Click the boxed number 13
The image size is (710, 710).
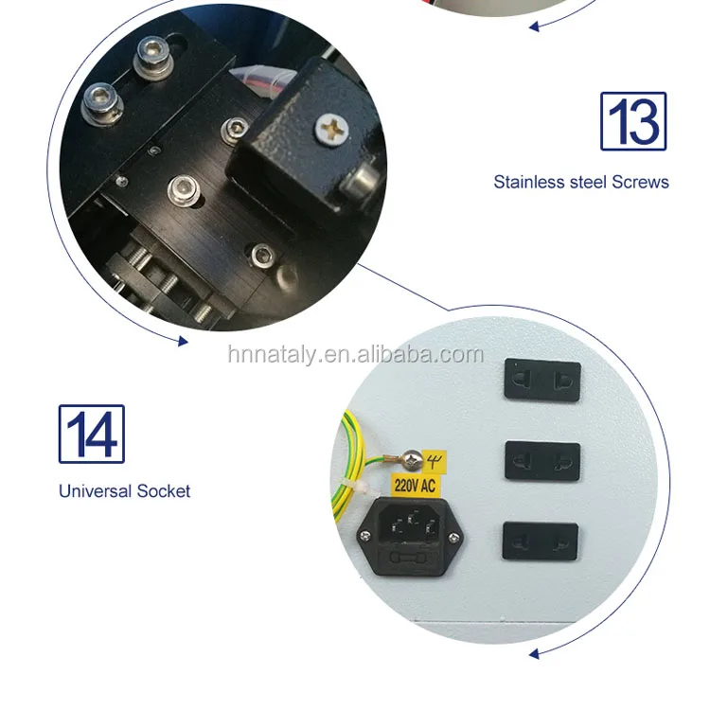633,121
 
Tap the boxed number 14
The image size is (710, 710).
91,435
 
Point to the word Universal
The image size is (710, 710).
95,491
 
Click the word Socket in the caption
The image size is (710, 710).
164,491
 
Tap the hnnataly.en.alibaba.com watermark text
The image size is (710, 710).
355,355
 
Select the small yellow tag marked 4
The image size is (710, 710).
436,463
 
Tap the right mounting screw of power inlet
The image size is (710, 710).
458,540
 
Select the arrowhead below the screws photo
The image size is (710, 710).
182,341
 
